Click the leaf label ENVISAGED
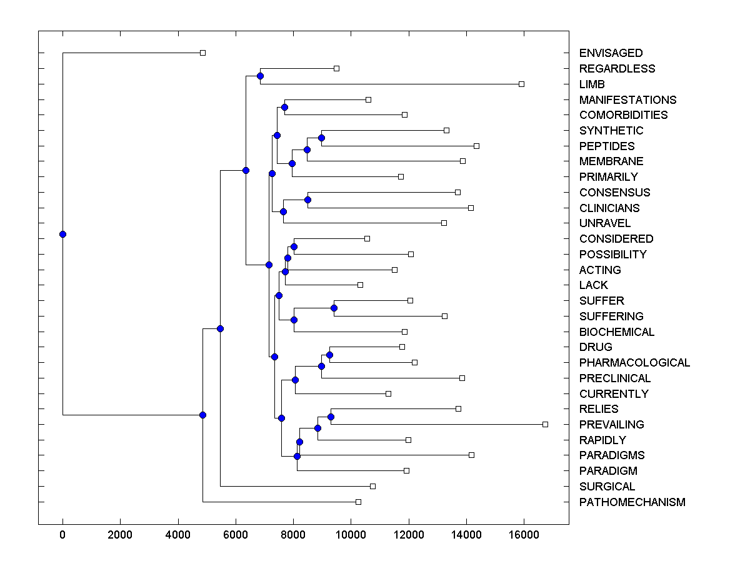click(x=611, y=53)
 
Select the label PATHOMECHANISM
click(x=632, y=502)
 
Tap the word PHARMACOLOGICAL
click(x=634, y=363)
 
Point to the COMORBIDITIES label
click(x=623, y=115)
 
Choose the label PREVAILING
click(x=611, y=425)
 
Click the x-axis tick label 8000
click(x=293, y=534)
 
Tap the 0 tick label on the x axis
click(x=62, y=534)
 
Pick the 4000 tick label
click(x=178, y=534)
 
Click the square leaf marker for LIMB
click(x=522, y=84)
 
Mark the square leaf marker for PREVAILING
click(x=545, y=424)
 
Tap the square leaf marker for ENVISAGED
click(x=202, y=53)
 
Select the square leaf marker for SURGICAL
click(x=372, y=486)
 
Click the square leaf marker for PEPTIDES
click(x=476, y=146)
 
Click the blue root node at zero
click(x=62, y=234)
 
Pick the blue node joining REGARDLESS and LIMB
click(x=260, y=76)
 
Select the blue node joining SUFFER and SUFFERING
click(x=334, y=308)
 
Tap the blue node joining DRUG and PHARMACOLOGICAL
click(x=329, y=355)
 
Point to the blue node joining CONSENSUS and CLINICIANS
click(x=307, y=200)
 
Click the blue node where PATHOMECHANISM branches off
click(x=202, y=415)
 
